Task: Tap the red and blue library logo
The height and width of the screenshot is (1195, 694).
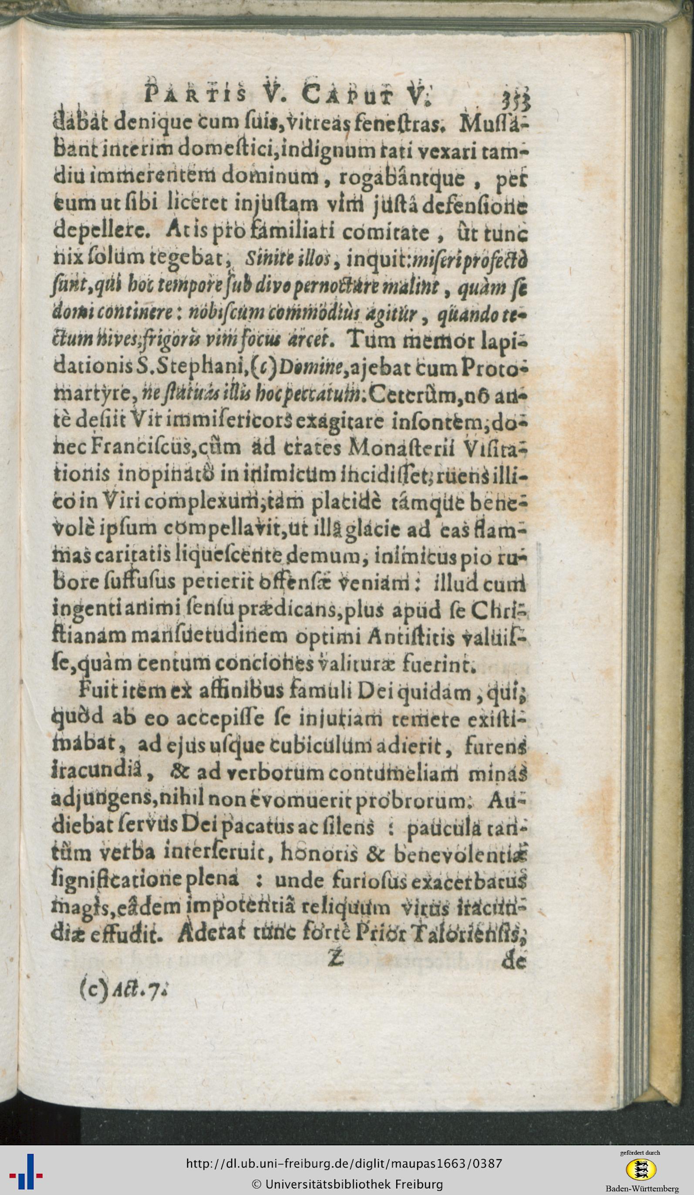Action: click(27, 1170)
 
